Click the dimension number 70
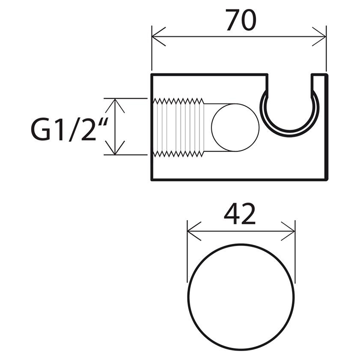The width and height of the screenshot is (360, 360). pyautogui.click(x=241, y=20)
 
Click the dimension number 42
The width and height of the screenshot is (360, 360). pyautogui.click(x=239, y=214)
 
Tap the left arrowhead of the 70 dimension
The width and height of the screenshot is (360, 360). pyautogui.click(x=158, y=36)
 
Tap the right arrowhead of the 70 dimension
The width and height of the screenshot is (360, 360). pyautogui.click(x=319, y=36)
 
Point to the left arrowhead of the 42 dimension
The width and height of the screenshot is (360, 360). pyautogui.click(x=194, y=231)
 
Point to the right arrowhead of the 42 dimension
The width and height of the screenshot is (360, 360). pyautogui.click(x=288, y=231)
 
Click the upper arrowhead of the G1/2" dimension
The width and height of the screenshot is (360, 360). pyautogui.click(x=115, y=106)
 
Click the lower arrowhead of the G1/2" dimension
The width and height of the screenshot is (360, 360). pyautogui.click(x=115, y=148)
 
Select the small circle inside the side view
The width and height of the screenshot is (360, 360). pyautogui.click(x=235, y=128)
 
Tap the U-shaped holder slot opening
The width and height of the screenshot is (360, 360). pyautogui.click(x=289, y=136)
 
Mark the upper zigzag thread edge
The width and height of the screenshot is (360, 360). pyautogui.click(x=179, y=101)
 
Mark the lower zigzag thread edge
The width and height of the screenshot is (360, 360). pyautogui.click(x=179, y=154)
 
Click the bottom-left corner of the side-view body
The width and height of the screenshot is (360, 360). pyautogui.click(x=152, y=180)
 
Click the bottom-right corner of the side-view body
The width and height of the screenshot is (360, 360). pyautogui.click(x=327, y=180)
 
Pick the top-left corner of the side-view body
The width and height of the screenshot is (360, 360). pyautogui.click(x=152, y=74)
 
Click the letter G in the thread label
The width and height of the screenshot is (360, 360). pyautogui.click(x=40, y=130)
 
